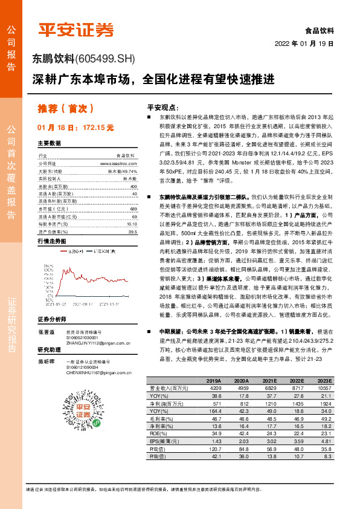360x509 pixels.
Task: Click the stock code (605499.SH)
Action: click(x=106, y=59)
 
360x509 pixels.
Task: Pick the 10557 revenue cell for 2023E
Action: click(x=325, y=388)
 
